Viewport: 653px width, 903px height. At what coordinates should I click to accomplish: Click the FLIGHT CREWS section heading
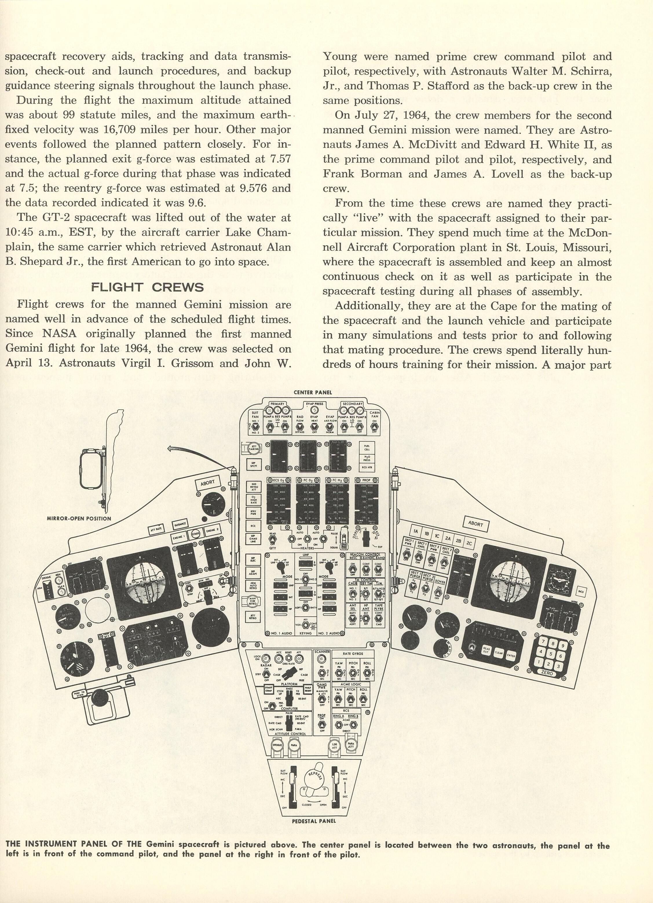[x=147, y=287]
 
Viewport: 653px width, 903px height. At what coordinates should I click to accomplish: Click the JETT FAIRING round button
[x=254, y=448]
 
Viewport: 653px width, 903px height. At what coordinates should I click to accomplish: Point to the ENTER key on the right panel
[x=511, y=655]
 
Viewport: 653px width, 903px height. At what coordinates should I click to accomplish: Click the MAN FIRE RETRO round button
[x=253, y=601]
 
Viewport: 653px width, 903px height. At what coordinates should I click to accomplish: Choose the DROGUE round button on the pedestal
[x=277, y=745]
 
